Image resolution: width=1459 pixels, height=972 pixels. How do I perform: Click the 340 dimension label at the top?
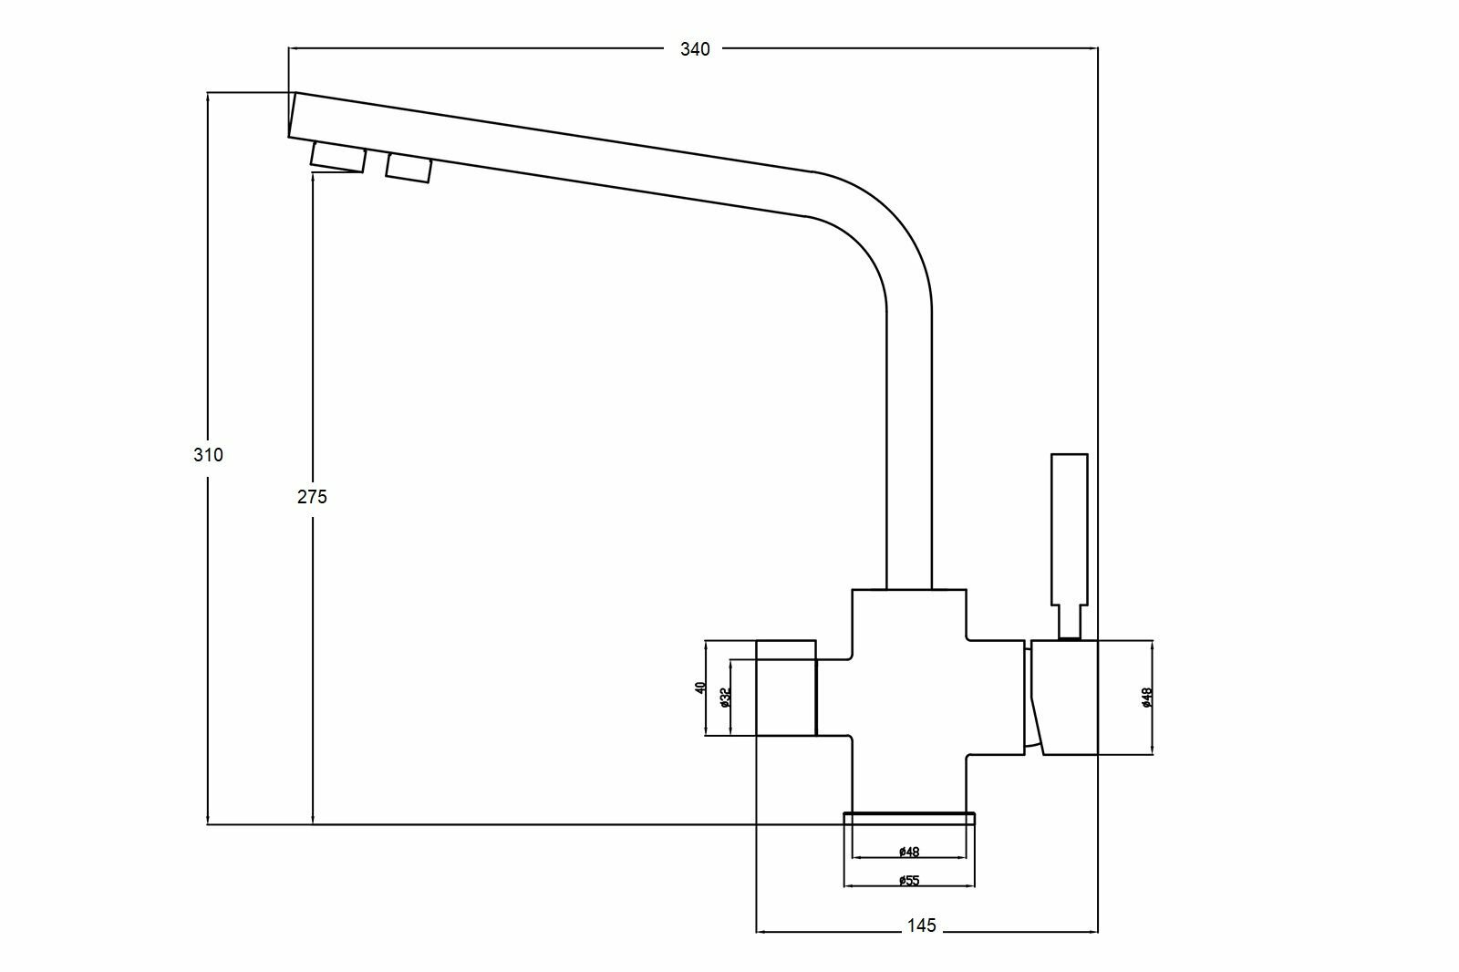695,49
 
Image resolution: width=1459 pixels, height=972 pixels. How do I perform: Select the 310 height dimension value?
208,455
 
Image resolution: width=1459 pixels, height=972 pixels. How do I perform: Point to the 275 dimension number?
312,497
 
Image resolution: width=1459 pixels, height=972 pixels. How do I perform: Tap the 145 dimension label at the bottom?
922,926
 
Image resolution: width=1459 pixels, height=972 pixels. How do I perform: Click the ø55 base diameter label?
908,880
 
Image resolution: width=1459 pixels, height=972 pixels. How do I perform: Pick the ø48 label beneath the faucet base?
908,853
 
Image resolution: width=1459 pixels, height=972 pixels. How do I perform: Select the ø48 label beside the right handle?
1147,698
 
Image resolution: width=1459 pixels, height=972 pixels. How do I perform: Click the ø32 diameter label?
725,698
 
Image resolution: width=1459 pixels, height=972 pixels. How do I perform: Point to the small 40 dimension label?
700,688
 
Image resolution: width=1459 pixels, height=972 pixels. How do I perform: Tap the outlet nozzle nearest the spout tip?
338,157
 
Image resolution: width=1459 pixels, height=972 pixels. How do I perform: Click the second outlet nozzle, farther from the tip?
408,168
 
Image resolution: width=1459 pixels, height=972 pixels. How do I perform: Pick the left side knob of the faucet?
786,688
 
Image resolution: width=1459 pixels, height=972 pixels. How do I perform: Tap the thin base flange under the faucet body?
910,817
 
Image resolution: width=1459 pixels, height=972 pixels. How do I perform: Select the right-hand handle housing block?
1065,698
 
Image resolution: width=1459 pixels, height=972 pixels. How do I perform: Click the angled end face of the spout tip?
292,115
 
